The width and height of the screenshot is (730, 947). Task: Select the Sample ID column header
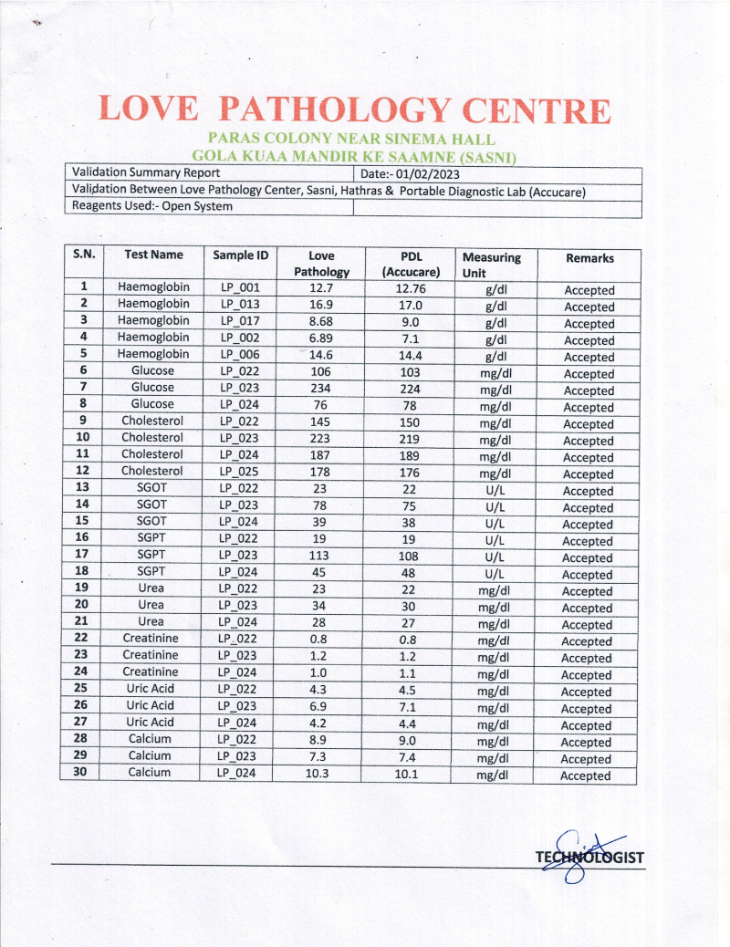click(x=240, y=255)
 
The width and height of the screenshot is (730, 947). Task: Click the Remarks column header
click(x=589, y=258)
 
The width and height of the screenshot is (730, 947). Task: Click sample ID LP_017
click(x=240, y=321)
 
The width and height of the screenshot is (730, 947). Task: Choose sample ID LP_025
click(x=240, y=472)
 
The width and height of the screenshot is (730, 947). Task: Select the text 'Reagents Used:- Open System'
click(x=152, y=206)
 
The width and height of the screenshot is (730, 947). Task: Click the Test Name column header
click(x=154, y=255)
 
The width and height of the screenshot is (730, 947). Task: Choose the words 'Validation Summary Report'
click(x=146, y=172)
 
